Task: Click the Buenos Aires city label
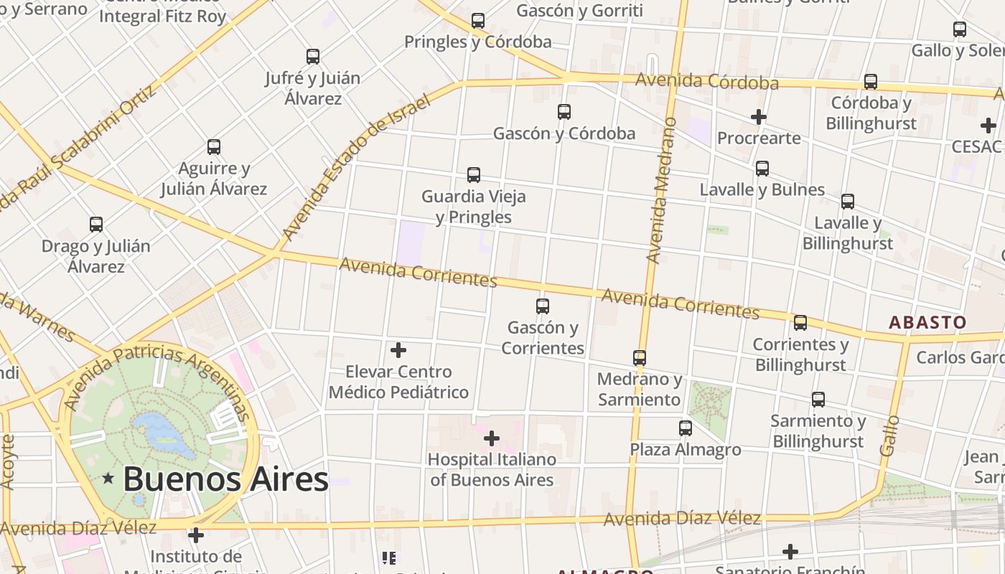(225, 479)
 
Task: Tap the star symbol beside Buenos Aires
(108, 478)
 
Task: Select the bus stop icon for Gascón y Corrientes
(543, 306)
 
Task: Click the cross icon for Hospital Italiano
(492, 438)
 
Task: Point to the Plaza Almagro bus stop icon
(686, 428)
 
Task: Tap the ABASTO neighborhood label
(927, 322)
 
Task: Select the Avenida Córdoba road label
(707, 81)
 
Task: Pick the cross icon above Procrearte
(759, 116)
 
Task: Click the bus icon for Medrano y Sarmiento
(640, 357)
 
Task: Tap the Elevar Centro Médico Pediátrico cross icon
(398, 350)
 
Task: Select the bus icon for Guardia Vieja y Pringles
(474, 174)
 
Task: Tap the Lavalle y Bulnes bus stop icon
(762, 169)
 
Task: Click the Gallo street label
(889, 435)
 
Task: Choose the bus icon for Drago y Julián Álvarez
(96, 225)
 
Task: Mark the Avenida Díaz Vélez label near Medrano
(682, 518)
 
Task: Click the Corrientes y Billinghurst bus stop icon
(800, 323)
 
